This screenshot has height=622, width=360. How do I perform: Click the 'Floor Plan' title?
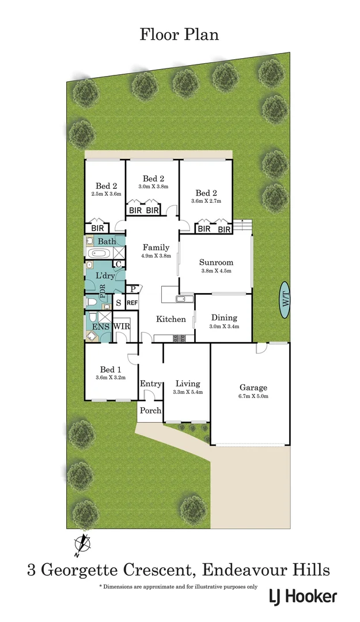pyautogui.click(x=179, y=35)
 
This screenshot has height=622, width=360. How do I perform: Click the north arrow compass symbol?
pyautogui.click(x=84, y=544)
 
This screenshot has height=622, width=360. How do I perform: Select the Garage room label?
pyautogui.click(x=253, y=388)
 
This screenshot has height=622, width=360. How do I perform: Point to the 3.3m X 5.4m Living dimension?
pyautogui.click(x=188, y=392)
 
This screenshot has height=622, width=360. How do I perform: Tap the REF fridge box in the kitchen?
pyautogui.click(x=132, y=302)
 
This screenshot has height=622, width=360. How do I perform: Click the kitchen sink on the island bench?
pyautogui.click(x=185, y=298)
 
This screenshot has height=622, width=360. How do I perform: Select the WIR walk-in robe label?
pyautogui.click(x=121, y=327)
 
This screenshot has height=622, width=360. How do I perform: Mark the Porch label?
pyautogui.click(x=150, y=411)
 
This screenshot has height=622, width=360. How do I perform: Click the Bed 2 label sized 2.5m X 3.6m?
pyautogui.click(x=107, y=186)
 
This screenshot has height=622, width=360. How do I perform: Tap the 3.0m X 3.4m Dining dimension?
pyautogui.click(x=223, y=327)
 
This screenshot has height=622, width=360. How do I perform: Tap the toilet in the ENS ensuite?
pyautogui.click(x=92, y=336)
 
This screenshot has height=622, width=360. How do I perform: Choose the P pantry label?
pyautogui.click(x=132, y=289)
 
